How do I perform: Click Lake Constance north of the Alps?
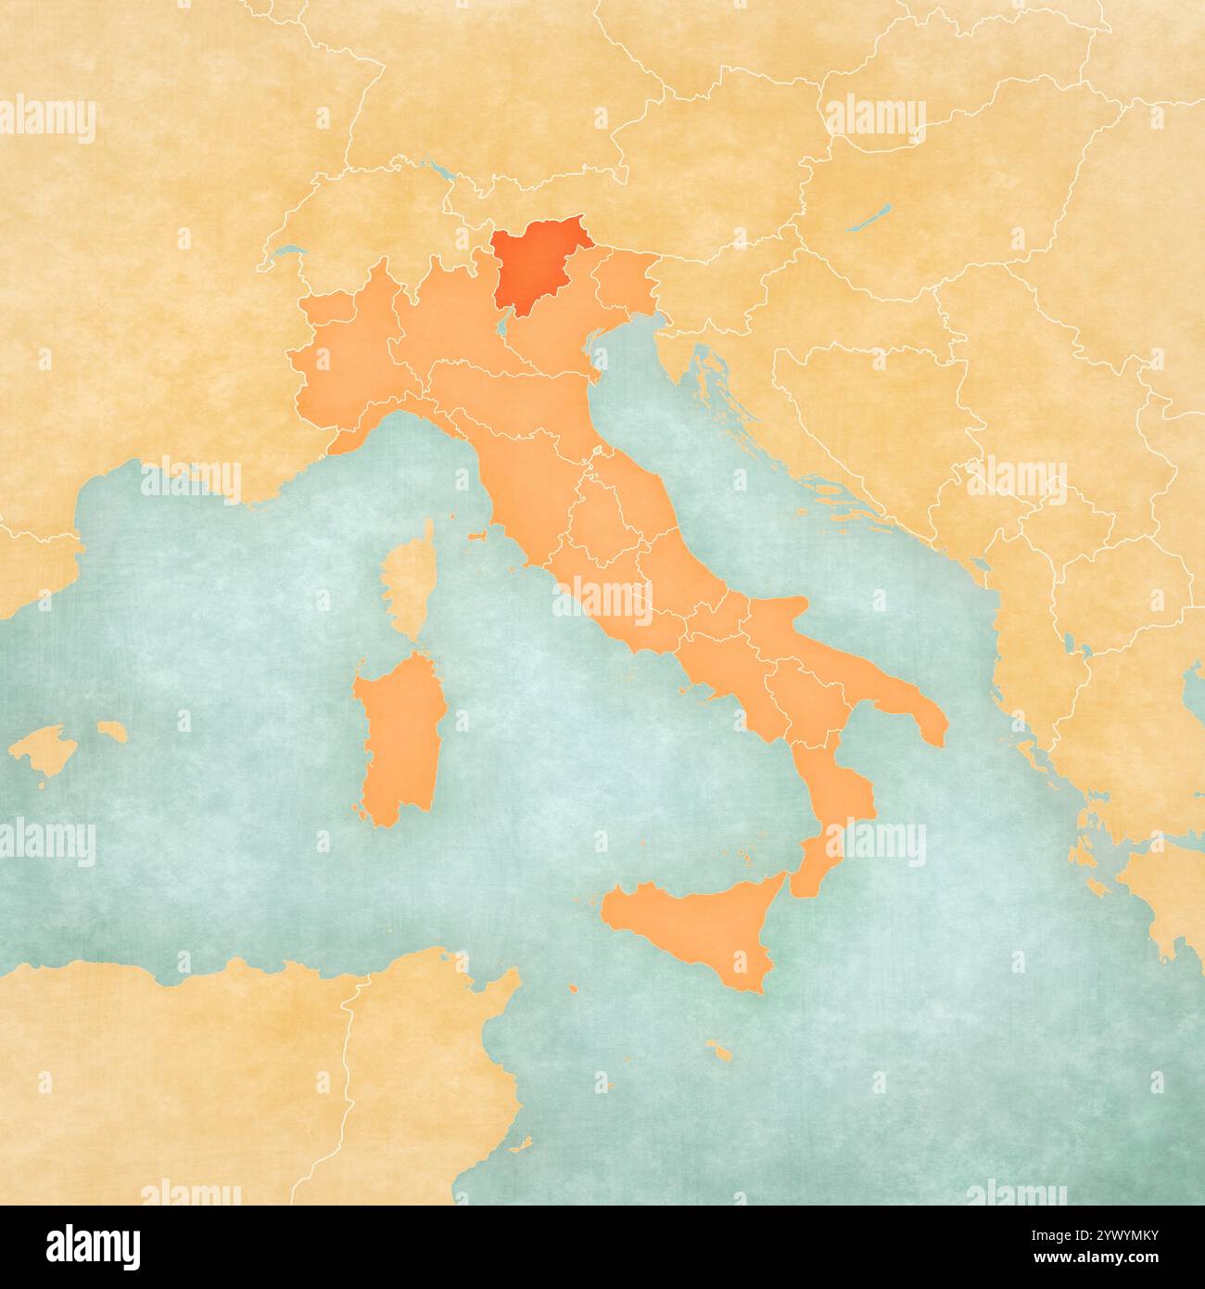(443, 172)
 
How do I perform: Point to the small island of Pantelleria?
(574, 990)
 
